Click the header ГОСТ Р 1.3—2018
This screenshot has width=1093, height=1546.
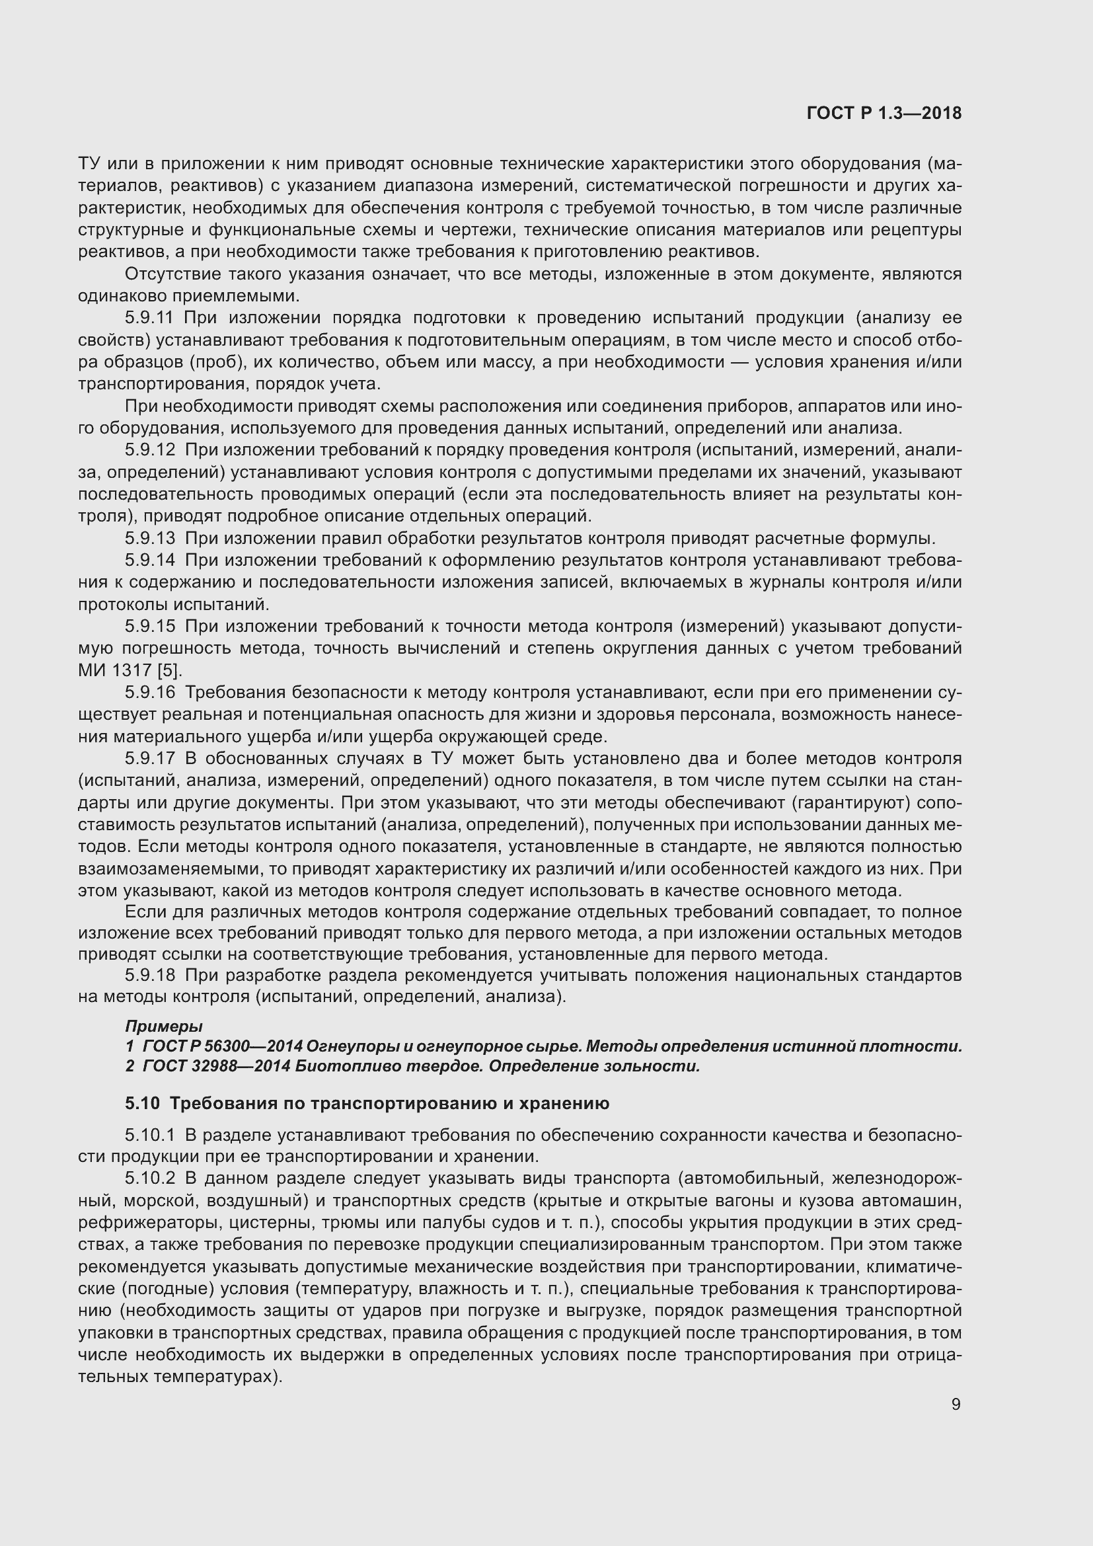pyautogui.click(x=884, y=114)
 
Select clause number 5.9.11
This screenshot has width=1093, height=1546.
pyautogui.click(x=149, y=318)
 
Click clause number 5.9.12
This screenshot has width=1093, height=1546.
pyautogui.click(x=149, y=450)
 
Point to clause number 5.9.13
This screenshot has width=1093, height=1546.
pyautogui.click(x=149, y=539)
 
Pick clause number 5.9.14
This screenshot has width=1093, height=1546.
pyautogui.click(x=149, y=560)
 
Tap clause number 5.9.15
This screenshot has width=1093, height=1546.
pyautogui.click(x=149, y=626)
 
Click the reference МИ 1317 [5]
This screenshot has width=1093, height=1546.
pyautogui.click(x=130, y=671)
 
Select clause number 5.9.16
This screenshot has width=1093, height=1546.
pyautogui.click(x=149, y=692)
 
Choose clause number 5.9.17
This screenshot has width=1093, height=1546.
pyautogui.click(x=149, y=758)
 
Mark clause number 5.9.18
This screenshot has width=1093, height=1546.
pyautogui.click(x=149, y=975)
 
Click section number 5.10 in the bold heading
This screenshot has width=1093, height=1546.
pyautogui.click(x=142, y=1103)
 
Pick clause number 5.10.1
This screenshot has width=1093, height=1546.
pyautogui.click(x=149, y=1136)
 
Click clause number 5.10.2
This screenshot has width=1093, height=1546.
pyautogui.click(x=149, y=1179)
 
